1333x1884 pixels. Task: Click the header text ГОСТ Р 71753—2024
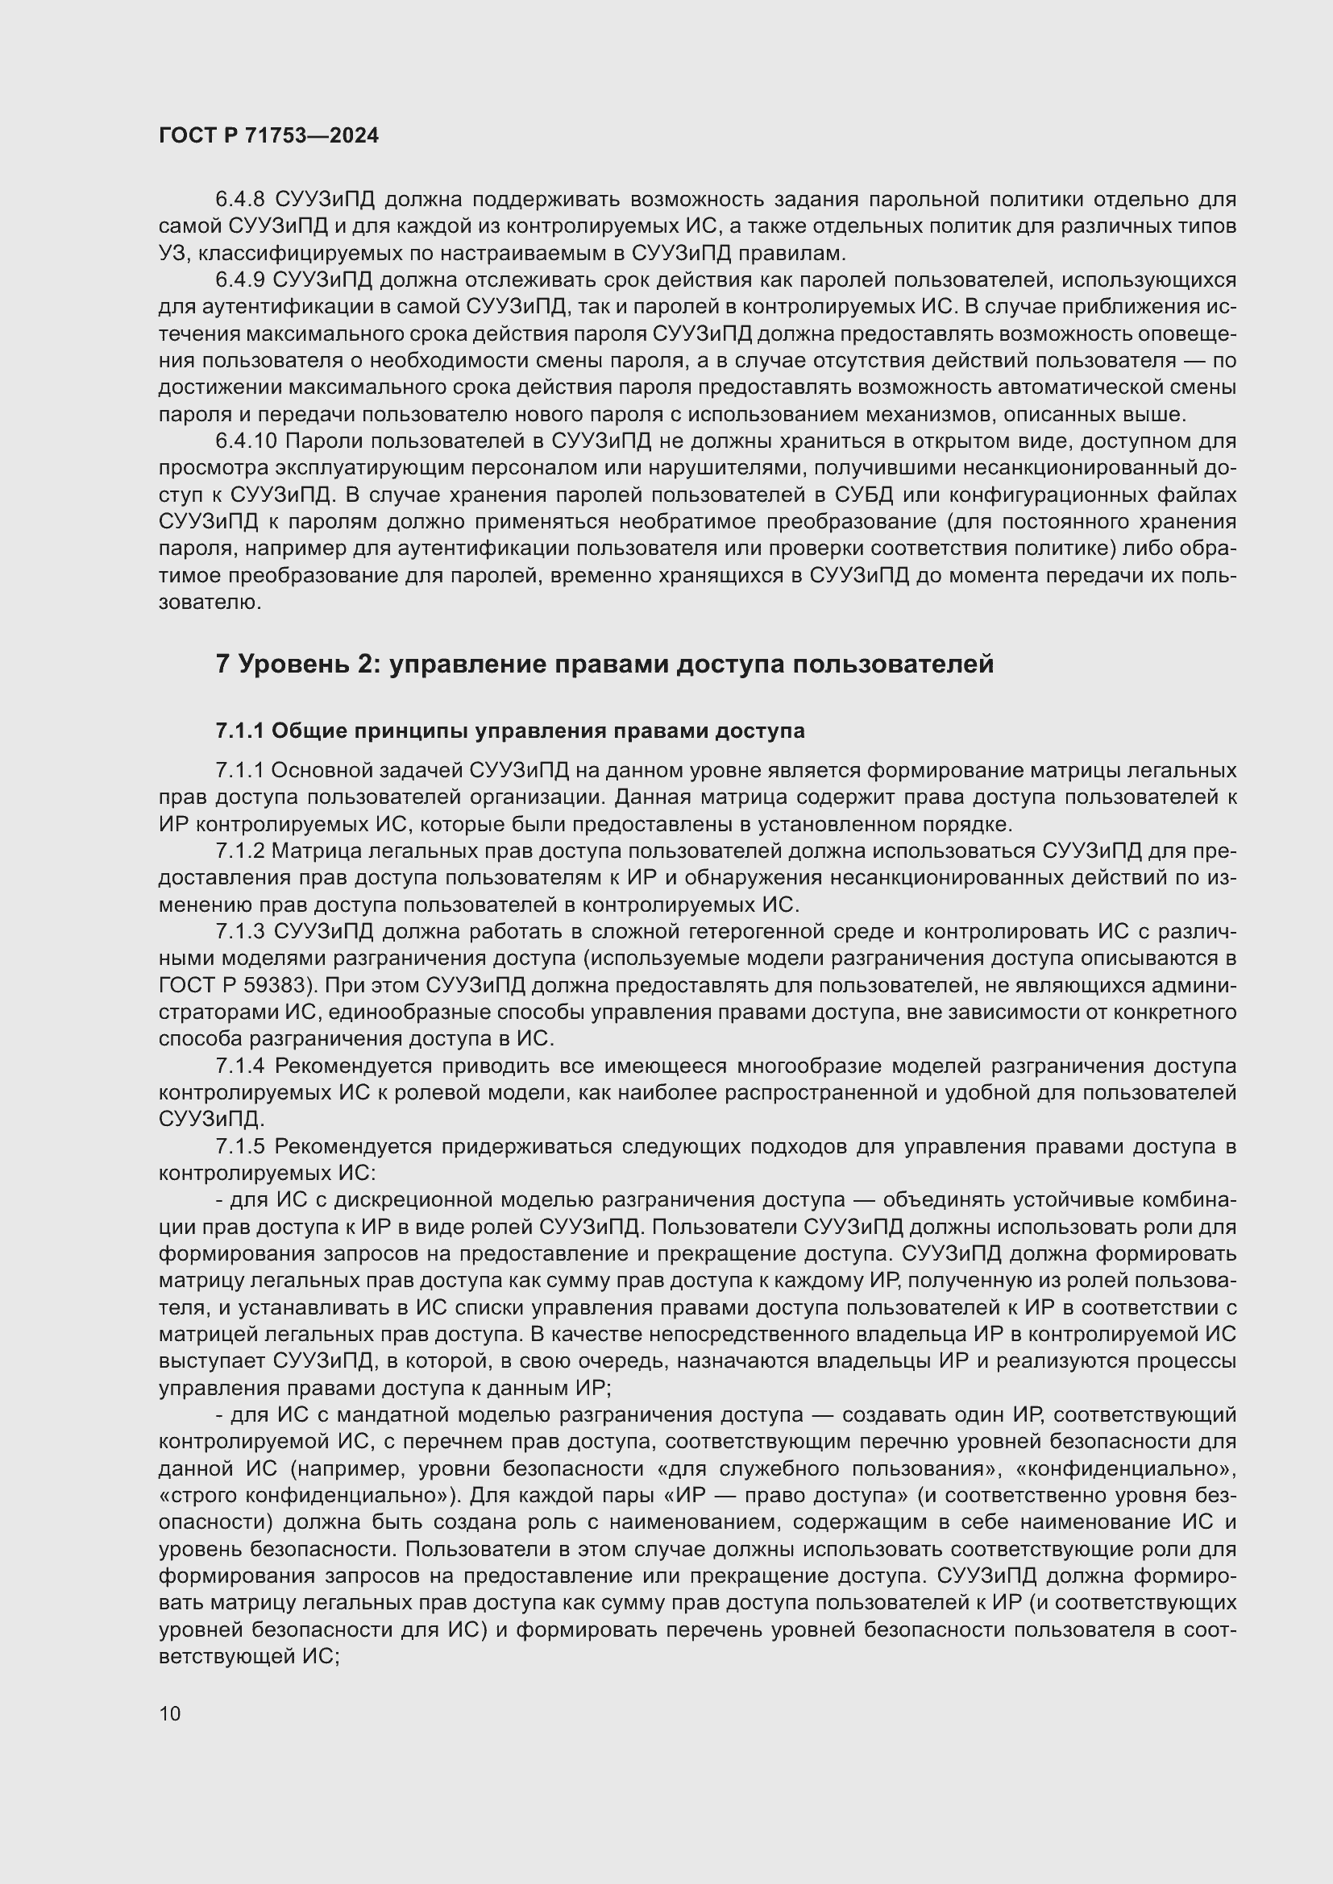click(x=268, y=135)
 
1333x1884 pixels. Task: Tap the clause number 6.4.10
click(x=247, y=441)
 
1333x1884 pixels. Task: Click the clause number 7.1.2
click(x=239, y=851)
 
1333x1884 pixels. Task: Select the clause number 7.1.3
click(x=239, y=932)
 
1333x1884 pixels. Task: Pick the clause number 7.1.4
click(x=239, y=1066)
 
